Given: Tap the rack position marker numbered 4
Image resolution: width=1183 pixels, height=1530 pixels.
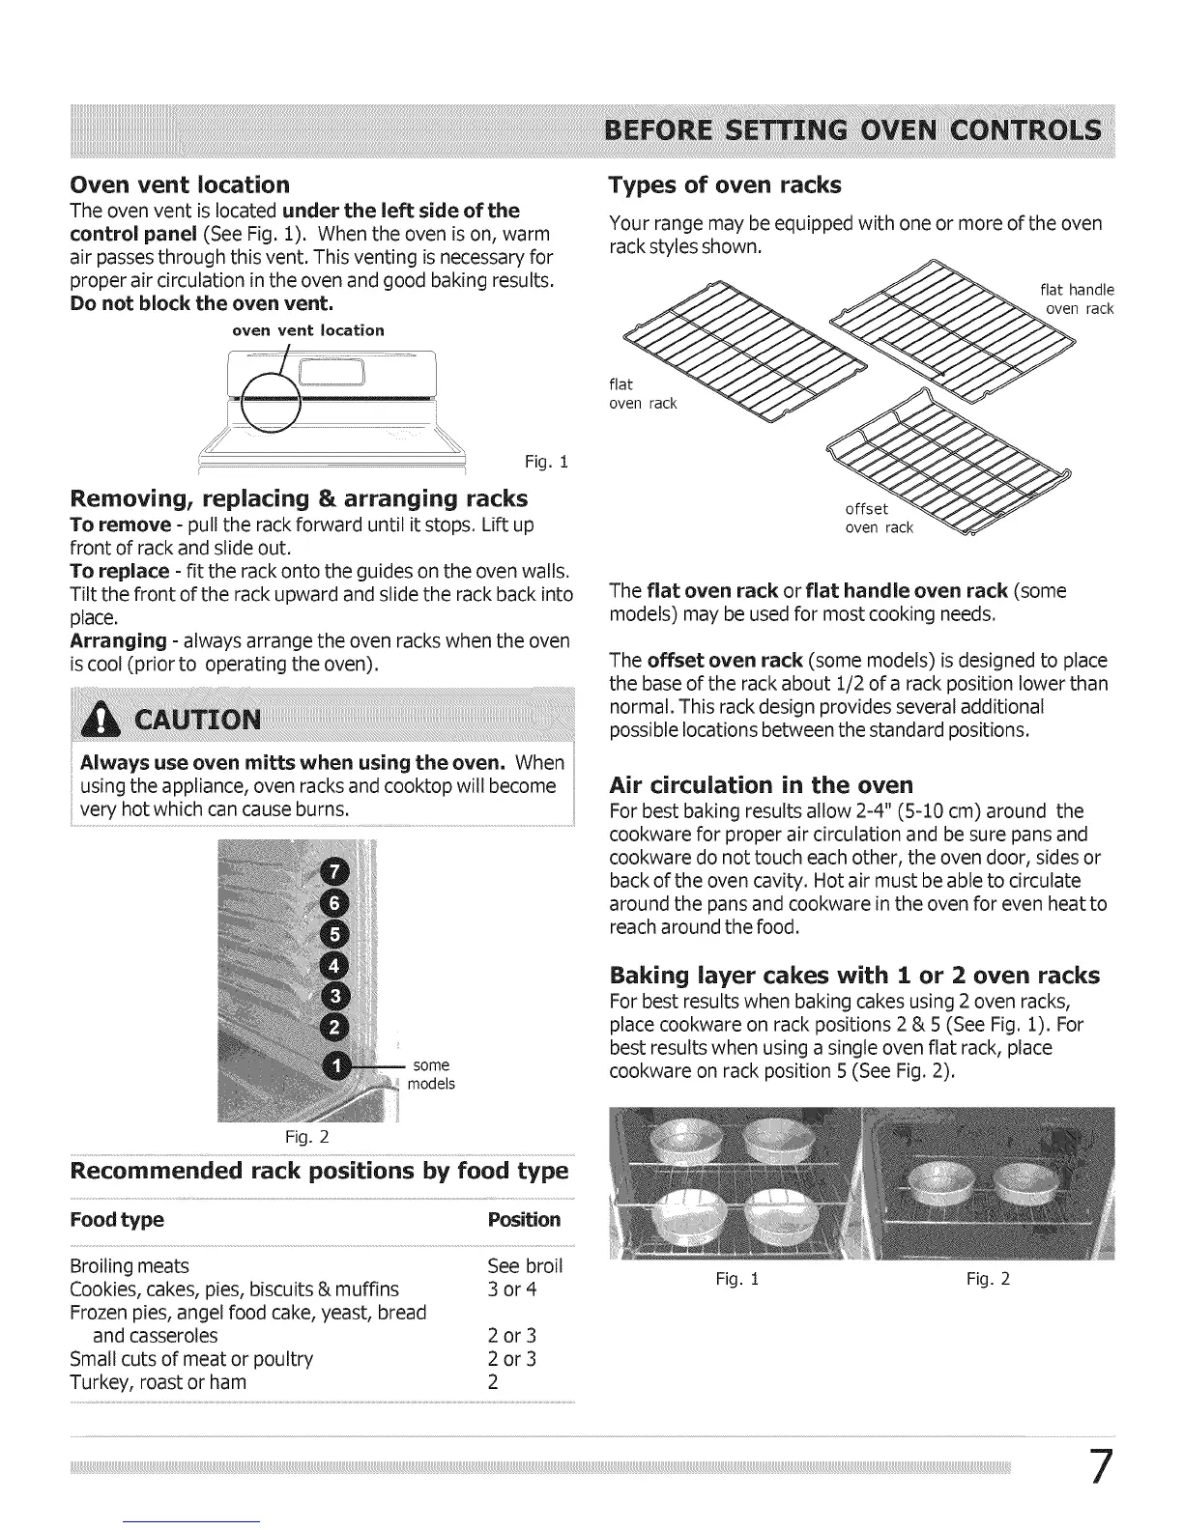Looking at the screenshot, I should [x=334, y=966].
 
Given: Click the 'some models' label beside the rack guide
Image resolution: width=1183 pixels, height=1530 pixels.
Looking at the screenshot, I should [x=431, y=1074].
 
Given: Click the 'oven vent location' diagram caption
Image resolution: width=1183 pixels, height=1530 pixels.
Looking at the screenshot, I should [x=308, y=330].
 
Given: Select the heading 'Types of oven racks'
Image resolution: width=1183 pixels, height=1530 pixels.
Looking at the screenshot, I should [x=725, y=184].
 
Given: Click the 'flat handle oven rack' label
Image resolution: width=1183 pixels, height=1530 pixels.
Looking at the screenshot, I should [x=1077, y=299].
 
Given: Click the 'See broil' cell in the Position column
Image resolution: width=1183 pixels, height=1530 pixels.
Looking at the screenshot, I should [x=525, y=1265].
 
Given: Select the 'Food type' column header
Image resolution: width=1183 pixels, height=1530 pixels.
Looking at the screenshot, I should [x=117, y=1219].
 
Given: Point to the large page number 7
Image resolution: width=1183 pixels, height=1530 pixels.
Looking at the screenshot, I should [x=1099, y=1467].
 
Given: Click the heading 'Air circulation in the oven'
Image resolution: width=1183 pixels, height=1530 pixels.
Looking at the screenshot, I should [x=761, y=783].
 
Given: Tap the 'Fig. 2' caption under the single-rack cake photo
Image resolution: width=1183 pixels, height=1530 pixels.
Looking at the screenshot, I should [x=988, y=1279].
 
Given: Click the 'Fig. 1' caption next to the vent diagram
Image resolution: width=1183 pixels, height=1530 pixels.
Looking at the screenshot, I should [x=545, y=462].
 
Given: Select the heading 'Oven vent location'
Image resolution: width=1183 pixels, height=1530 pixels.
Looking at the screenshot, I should [x=180, y=184].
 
